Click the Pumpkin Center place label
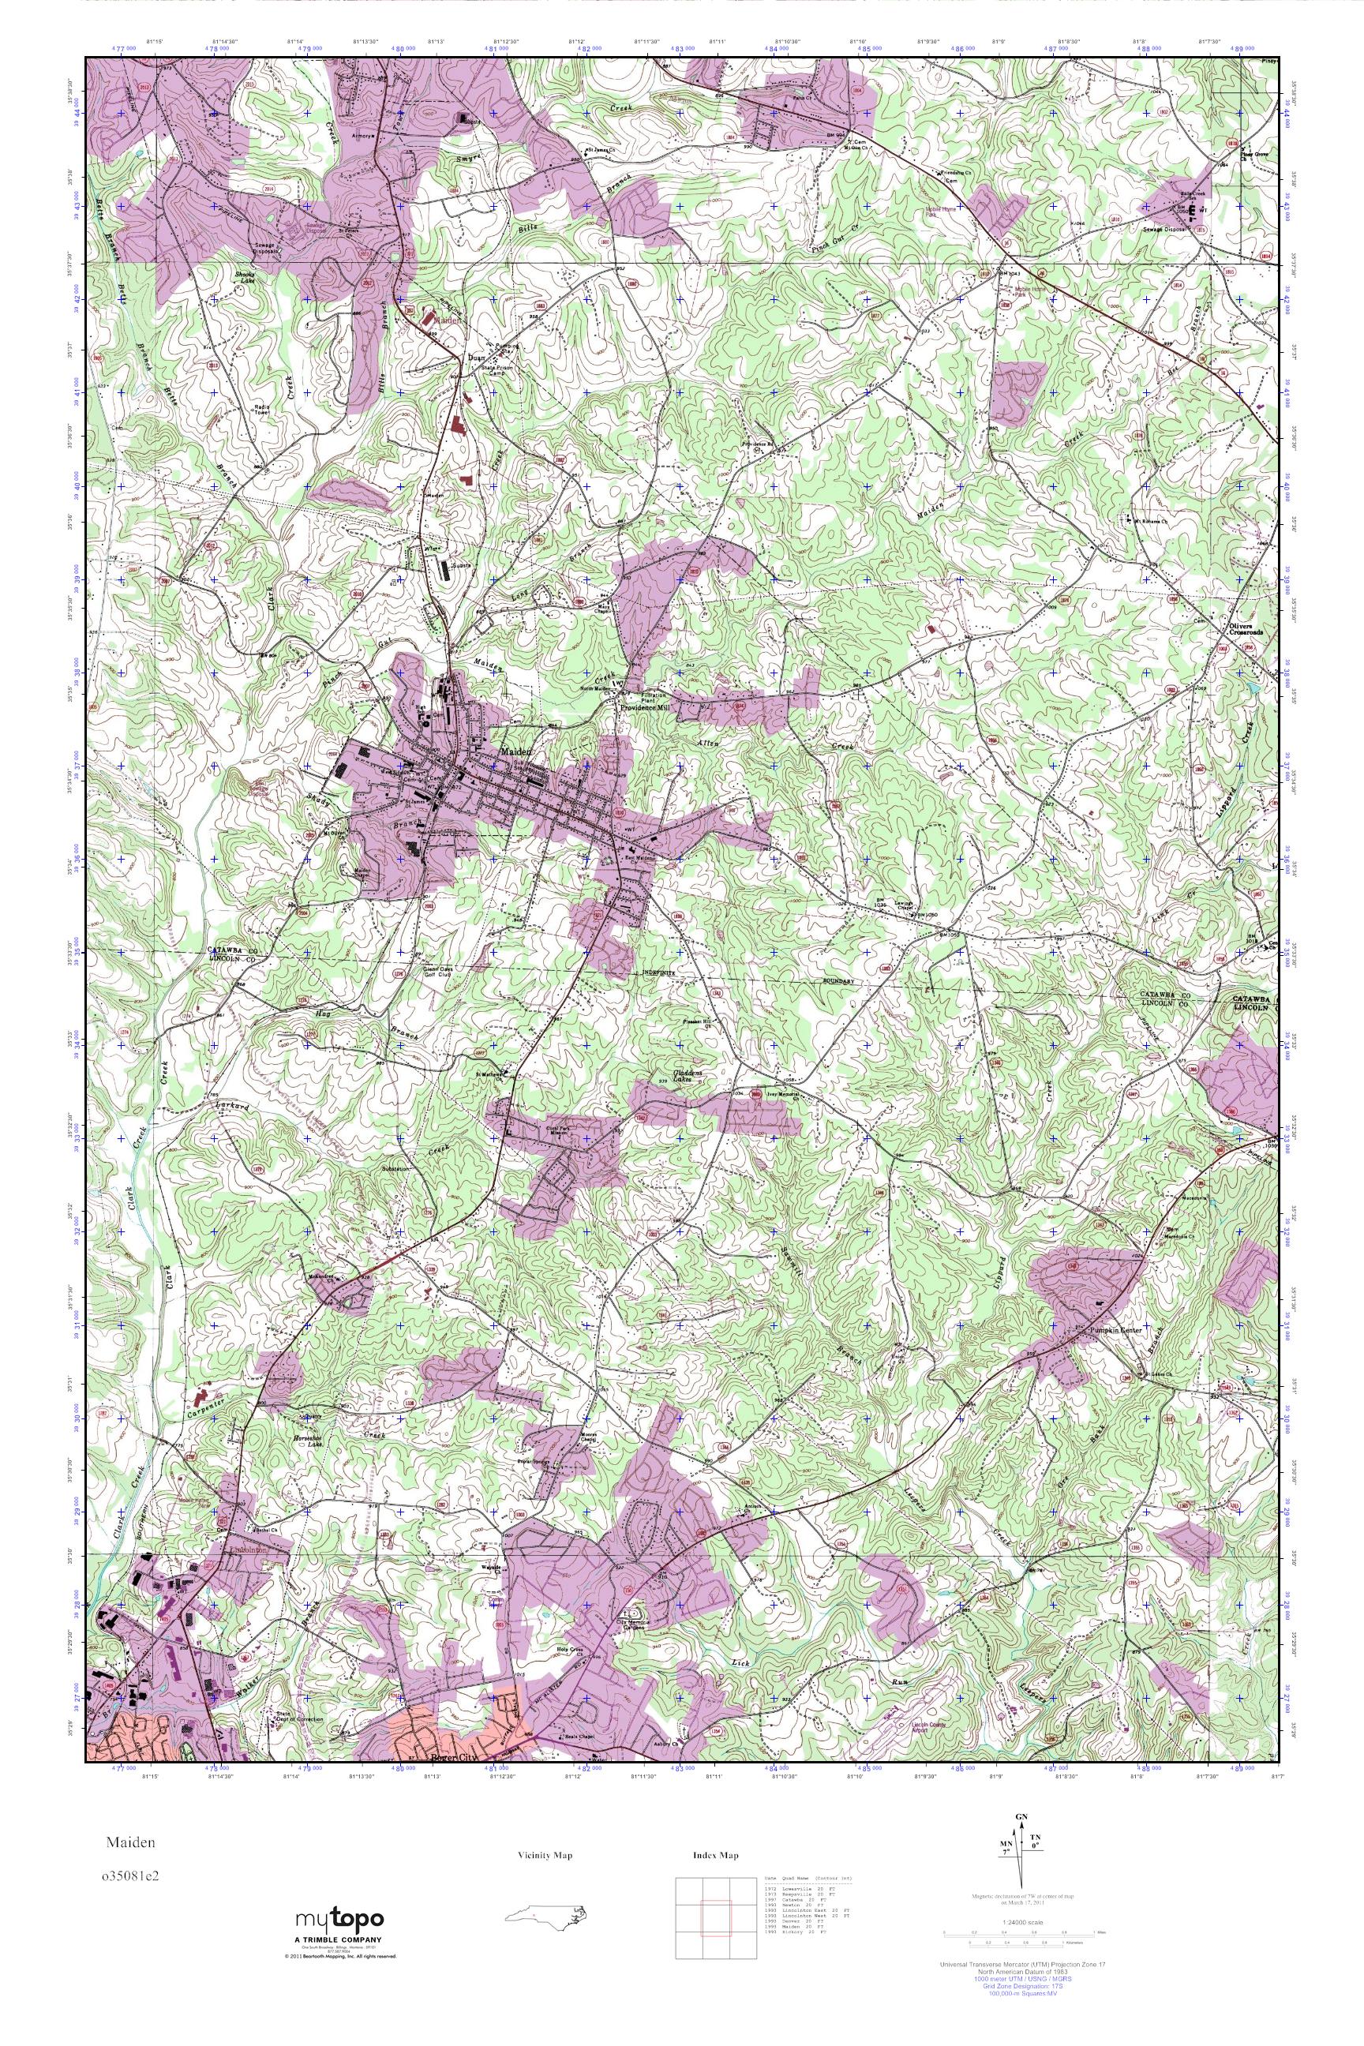point(1111,1331)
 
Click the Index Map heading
point(716,1856)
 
